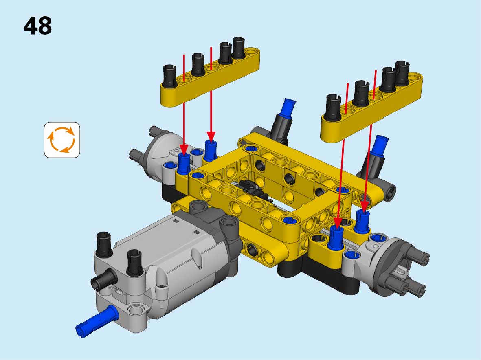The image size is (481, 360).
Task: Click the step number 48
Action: [37, 26]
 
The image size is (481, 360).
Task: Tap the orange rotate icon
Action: [61, 140]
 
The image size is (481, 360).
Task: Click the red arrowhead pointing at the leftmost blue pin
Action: [184, 149]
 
